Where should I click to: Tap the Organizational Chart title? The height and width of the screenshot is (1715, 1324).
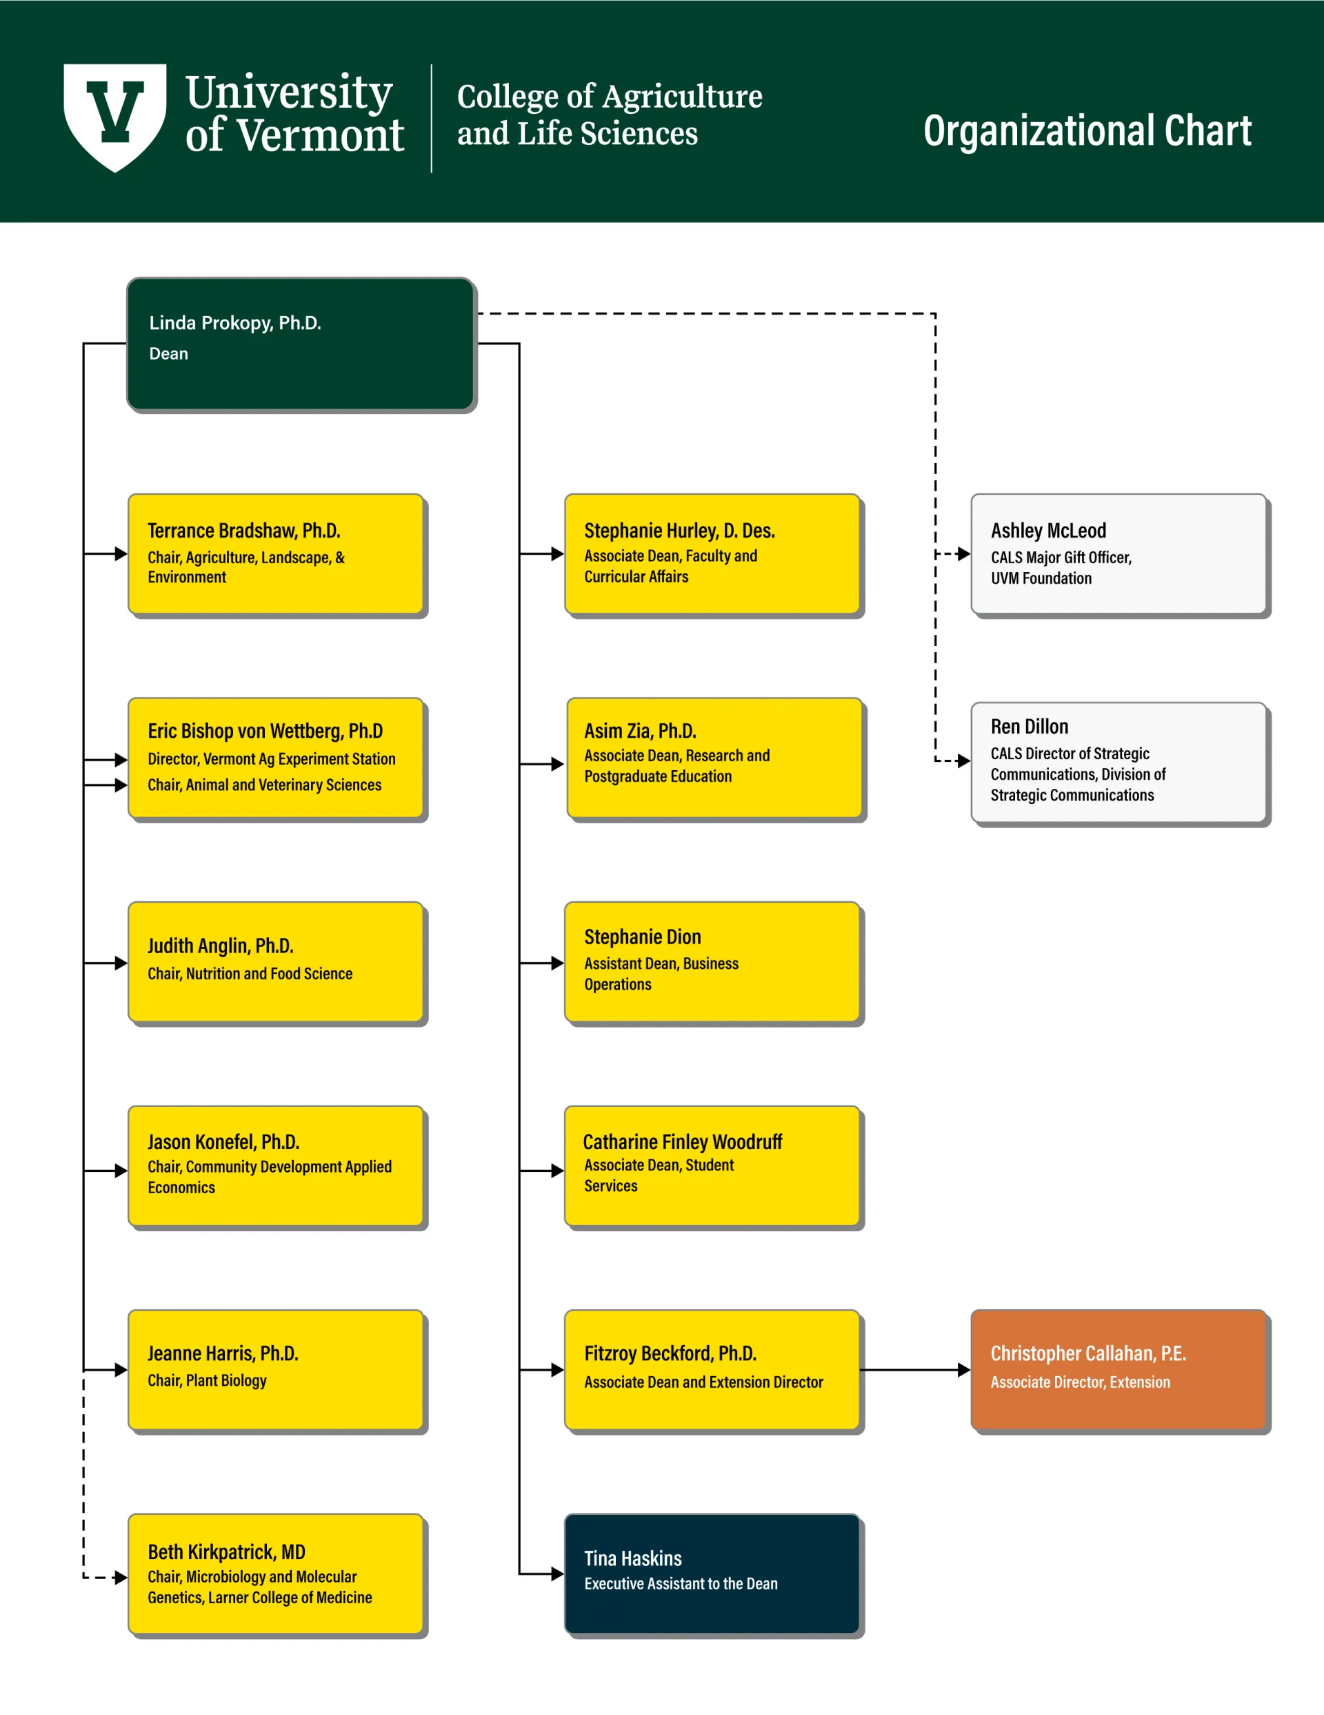tap(1087, 130)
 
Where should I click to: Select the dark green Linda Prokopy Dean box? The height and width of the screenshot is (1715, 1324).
tap(301, 344)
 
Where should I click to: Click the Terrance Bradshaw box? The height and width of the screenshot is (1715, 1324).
tap(277, 553)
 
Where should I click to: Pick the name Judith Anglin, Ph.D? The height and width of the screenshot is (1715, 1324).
tap(221, 945)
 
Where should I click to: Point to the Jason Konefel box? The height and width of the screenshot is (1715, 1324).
tap(277, 1166)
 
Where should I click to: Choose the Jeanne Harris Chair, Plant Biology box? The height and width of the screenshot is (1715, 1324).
tap(277, 1369)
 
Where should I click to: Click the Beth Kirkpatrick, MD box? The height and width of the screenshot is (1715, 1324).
tap(277, 1574)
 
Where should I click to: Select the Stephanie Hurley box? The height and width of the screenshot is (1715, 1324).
tap(712, 553)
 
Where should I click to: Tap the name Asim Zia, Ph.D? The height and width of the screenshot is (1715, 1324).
tap(641, 731)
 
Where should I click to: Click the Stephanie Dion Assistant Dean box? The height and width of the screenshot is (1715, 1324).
tap(712, 962)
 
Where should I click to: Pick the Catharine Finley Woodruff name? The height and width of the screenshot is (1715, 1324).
tap(683, 1141)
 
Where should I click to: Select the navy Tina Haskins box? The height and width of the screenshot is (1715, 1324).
tap(712, 1574)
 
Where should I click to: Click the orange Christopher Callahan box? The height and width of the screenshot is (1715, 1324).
tap(1119, 1369)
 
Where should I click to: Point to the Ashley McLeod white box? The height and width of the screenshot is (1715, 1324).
tap(1119, 553)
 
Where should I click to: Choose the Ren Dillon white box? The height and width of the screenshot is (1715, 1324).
tap(1119, 763)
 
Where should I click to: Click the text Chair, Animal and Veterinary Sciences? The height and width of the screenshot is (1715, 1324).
tap(265, 785)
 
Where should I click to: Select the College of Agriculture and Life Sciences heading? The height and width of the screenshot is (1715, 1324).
tap(609, 115)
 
